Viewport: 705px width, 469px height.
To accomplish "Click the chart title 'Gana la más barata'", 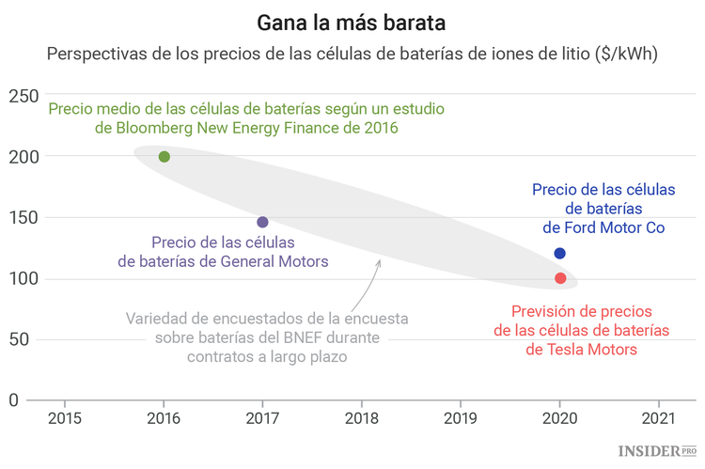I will (352, 21).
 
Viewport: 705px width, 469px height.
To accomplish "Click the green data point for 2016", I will (164, 156).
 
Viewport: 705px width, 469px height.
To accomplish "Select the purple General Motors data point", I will (262, 222).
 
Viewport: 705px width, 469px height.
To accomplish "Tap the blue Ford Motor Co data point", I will (560, 253).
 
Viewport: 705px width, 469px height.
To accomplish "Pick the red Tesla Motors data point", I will (560, 278).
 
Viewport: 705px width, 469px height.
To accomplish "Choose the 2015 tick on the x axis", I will (64, 418).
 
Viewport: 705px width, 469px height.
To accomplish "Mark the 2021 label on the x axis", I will (659, 418).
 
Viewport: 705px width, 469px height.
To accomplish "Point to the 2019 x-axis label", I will (461, 418).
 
